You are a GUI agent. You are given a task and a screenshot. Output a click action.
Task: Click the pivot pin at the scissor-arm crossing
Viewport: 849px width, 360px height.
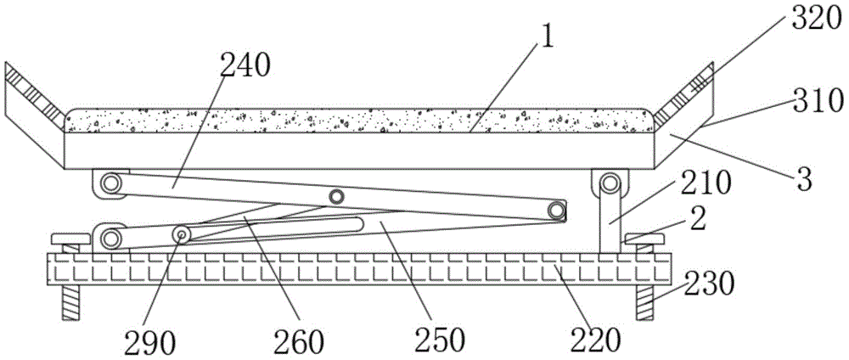pos(337,197)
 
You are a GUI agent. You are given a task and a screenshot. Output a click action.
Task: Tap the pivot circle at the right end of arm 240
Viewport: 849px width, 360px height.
pos(555,209)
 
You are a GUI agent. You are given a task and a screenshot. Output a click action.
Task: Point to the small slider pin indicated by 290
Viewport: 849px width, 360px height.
pos(183,233)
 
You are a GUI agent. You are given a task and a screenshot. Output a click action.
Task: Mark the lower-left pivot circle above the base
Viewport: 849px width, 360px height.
pos(109,237)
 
